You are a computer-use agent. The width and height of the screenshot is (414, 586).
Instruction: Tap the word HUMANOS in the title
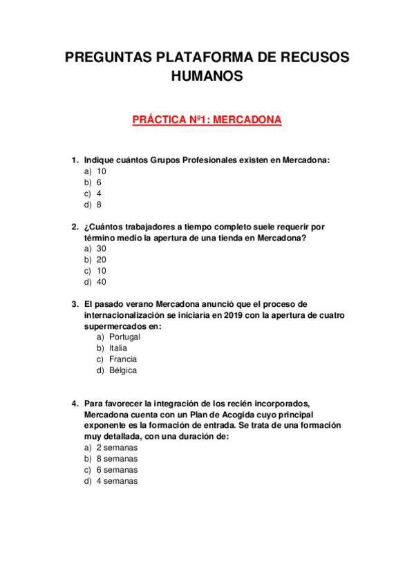tap(207, 76)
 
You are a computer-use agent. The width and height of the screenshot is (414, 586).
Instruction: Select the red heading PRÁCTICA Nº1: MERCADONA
tap(207, 120)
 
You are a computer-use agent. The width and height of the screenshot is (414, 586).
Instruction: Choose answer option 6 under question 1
tap(100, 182)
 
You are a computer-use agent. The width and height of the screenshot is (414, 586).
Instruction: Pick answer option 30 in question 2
tap(102, 249)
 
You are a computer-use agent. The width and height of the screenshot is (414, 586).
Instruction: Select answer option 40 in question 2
tap(102, 282)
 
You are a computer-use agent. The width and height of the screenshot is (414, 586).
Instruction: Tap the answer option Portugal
tap(124, 337)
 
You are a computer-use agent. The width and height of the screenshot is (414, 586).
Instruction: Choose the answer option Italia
tap(118, 348)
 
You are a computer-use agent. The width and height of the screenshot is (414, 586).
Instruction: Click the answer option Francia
tap(123, 359)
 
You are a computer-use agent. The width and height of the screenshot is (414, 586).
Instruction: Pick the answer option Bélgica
tap(123, 370)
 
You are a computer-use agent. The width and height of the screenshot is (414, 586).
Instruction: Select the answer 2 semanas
tap(117, 448)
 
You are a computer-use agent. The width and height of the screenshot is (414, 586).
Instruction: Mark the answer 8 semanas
tap(117, 459)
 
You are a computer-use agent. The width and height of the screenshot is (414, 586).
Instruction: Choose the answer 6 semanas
tap(117, 470)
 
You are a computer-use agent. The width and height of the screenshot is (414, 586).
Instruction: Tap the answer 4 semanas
tap(117, 481)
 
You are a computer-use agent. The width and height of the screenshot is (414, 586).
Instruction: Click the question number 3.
tap(75, 304)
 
